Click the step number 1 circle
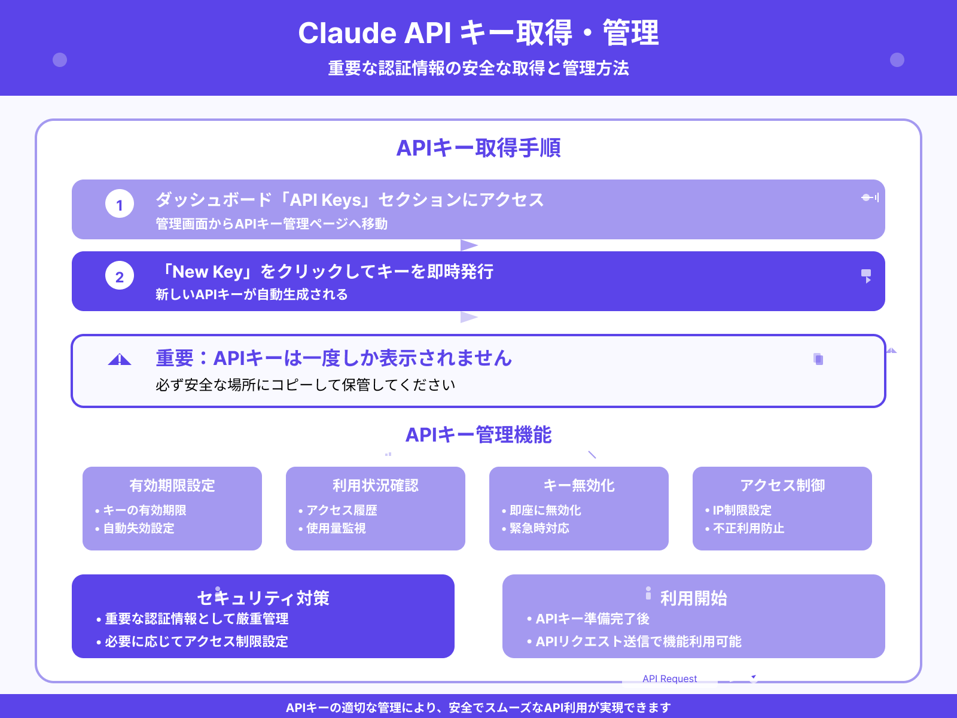coord(120,204)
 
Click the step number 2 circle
coord(120,276)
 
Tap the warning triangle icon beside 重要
coord(120,360)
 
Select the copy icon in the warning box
coord(818,359)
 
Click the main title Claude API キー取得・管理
coord(478,33)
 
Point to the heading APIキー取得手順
coord(478,148)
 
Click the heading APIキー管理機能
coord(478,435)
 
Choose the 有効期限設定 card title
coord(172,485)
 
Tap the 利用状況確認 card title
coord(376,485)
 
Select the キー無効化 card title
coord(579,485)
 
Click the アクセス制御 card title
coord(782,485)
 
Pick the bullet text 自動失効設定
coord(139,528)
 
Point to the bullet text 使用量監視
coord(336,528)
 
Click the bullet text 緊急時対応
coord(540,528)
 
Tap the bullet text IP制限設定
coord(742,510)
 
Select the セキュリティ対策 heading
coord(263,598)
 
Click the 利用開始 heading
coord(694,598)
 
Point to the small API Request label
coord(670,679)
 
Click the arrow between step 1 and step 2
coord(469,245)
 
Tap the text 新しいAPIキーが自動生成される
coord(252,294)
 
